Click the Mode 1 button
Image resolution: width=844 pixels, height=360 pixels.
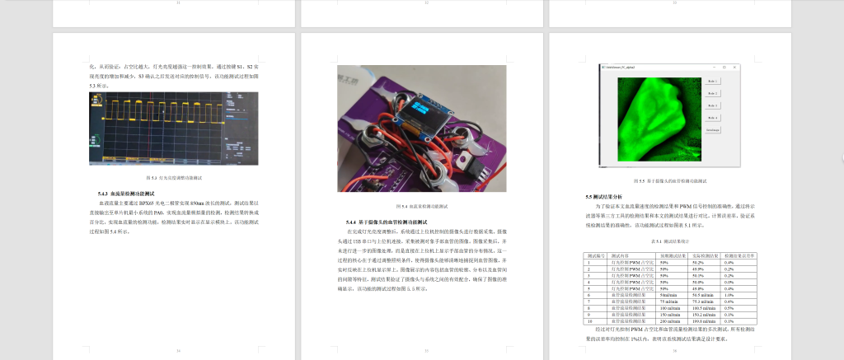(713, 82)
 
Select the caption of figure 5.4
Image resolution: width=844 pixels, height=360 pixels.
(421, 206)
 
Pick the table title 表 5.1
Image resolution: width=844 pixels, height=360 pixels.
(668, 241)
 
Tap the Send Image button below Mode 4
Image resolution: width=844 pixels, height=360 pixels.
(713, 130)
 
